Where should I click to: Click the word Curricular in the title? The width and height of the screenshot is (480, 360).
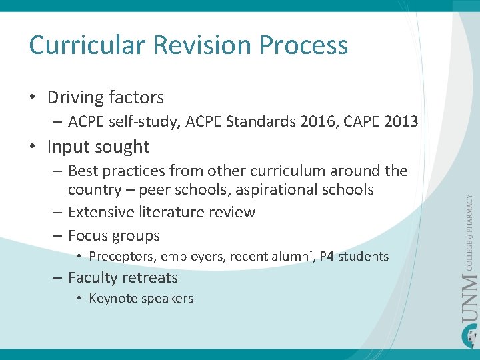tap(87, 45)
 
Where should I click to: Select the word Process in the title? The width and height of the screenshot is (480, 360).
tap(304, 45)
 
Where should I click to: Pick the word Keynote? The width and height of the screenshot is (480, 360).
tap(113, 298)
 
